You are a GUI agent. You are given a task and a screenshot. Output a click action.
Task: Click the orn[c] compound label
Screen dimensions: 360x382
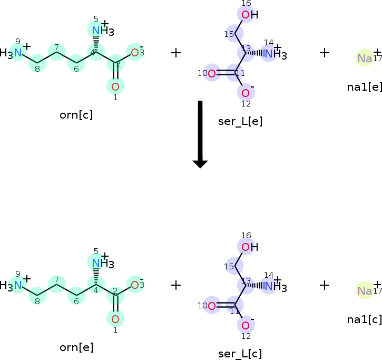76,115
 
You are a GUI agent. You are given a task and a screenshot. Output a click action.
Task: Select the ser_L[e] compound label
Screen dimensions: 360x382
240,121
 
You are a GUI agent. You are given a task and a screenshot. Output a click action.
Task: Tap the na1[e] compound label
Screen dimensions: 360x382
365,86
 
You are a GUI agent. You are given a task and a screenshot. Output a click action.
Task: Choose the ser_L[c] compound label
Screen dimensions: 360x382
240,354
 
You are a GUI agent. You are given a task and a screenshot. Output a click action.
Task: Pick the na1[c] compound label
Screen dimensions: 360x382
365,319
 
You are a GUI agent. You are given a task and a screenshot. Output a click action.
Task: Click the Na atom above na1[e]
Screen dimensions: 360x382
365,58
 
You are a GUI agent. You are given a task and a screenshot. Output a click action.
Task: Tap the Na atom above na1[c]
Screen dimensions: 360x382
365,290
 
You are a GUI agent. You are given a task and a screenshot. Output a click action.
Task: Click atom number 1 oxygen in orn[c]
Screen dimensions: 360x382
115,85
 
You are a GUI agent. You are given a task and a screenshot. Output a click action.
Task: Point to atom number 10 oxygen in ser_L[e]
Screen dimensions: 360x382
212,73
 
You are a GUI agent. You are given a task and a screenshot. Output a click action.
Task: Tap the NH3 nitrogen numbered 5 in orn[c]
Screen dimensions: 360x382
96,31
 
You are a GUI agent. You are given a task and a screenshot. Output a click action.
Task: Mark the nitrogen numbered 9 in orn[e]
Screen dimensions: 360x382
17,285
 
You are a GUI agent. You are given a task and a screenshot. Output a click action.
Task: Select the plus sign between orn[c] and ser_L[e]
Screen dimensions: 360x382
176,53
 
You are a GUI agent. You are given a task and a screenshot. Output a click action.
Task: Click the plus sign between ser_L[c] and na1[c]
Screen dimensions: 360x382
325,285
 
